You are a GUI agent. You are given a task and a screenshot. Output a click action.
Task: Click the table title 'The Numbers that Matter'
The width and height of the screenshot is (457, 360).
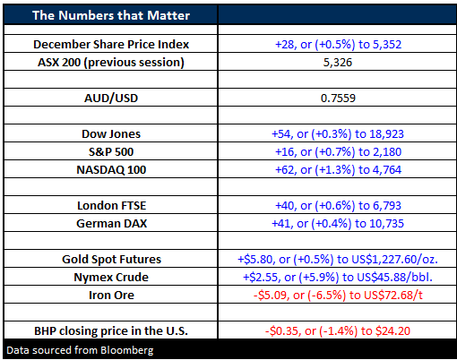click(111, 15)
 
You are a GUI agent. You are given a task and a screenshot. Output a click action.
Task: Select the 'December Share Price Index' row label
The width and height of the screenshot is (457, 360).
click(111, 44)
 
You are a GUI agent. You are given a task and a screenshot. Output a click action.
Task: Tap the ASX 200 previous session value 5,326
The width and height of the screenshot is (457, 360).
click(338, 62)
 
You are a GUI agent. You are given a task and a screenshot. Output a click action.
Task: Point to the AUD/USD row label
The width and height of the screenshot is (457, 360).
click(111, 98)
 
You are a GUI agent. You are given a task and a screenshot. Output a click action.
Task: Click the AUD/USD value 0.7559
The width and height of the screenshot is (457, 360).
click(338, 98)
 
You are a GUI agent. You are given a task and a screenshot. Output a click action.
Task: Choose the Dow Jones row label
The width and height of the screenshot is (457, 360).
click(111, 133)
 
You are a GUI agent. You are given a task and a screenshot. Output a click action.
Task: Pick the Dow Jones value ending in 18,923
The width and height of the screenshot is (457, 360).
click(338, 133)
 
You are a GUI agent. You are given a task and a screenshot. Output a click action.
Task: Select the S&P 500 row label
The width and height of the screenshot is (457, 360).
click(111, 151)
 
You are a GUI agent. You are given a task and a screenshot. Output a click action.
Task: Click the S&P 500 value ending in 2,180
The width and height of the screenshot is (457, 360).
click(338, 151)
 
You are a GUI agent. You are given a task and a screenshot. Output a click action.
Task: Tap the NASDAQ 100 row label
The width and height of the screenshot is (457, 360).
click(111, 169)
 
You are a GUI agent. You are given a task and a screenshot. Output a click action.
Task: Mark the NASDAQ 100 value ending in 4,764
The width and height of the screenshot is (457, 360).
click(338, 169)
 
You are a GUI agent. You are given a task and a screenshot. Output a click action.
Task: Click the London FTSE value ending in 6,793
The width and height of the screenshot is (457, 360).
click(338, 205)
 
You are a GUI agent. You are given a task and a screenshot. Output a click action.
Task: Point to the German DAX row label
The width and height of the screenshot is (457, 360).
click(112, 223)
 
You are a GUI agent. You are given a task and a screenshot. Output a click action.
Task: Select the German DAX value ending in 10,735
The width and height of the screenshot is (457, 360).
click(338, 223)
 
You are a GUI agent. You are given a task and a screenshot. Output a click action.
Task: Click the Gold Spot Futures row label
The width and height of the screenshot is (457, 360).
click(111, 259)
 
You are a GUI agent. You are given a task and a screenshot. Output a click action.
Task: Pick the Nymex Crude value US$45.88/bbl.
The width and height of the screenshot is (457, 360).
click(338, 277)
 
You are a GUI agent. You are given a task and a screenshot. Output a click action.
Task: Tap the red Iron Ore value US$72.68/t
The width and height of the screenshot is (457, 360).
click(338, 295)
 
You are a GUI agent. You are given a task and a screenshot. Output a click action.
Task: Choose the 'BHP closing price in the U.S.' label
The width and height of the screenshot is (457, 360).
click(111, 330)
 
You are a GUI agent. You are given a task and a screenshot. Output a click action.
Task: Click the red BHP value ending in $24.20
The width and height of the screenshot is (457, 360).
click(338, 330)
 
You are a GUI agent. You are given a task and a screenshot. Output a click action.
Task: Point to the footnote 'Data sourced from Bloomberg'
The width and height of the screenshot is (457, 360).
click(80, 350)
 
